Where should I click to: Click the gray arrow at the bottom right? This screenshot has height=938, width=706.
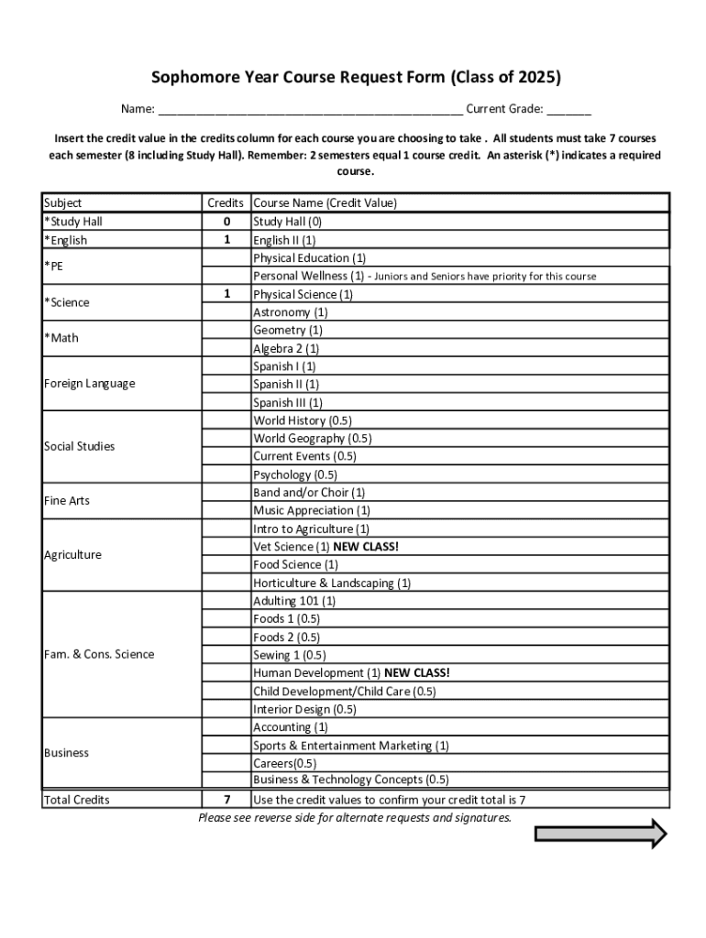[x=601, y=834]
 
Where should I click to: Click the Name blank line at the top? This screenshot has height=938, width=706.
[x=310, y=111]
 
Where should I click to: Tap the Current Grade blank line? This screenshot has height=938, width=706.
[x=569, y=111]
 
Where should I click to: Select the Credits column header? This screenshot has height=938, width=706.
[x=226, y=203]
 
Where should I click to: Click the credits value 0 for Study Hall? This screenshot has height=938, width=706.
[x=226, y=222]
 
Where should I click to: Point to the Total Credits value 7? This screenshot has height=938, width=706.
[x=226, y=800]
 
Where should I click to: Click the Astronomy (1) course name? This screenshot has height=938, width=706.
[x=283, y=312]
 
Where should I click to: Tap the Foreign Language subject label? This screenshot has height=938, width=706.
[x=89, y=384]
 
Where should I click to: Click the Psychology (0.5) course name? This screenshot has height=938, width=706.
[x=295, y=474]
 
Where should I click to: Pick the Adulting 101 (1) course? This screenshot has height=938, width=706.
[x=294, y=601]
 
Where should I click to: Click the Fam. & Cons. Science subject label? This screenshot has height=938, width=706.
[x=99, y=654]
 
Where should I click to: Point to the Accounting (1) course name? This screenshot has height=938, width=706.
[x=291, y=727]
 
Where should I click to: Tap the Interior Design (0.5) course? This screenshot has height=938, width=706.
[x=304, y=709]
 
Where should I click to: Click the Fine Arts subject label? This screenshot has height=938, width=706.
[x=67, y=501]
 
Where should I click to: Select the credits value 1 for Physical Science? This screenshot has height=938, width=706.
[x=226, y=294]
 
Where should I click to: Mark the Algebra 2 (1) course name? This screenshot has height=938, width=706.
[x=286, y=348]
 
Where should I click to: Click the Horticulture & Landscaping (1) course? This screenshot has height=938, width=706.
[x=332, y=583]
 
